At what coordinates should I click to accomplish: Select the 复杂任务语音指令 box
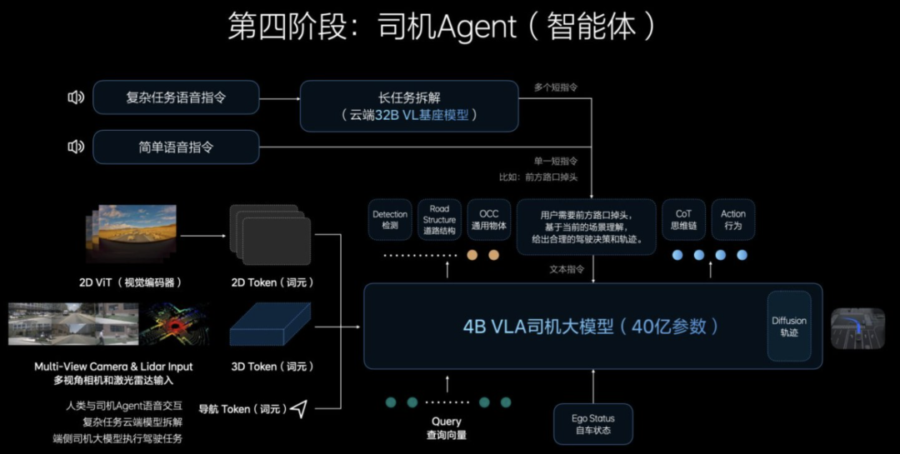click(x=176, y=97)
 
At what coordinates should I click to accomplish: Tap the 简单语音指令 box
click(x=176, y=147)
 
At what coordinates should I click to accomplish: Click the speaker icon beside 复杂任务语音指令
click(x=76, y=97)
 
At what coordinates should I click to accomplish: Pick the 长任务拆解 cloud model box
click(x=408, y=106)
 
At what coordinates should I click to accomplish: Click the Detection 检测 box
click(x=390, y=220)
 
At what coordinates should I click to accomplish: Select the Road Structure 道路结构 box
click(x=439, y=220)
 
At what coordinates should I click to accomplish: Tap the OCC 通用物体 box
click(x=488, y=220)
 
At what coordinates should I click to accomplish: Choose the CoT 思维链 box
click(x=683, y=220)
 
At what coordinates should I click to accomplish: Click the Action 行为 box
click(x=733, y=220)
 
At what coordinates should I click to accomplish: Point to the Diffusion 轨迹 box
click(x=788, y=326)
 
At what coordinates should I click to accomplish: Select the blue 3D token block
click(x=269, y=326)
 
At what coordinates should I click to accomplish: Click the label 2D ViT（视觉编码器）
click(x=131, y=282)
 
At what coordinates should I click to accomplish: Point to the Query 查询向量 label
click(x=448, y=428)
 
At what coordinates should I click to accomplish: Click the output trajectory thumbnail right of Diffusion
click(x=857, y=327)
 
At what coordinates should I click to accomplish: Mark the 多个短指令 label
click(x=556, y=87)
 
